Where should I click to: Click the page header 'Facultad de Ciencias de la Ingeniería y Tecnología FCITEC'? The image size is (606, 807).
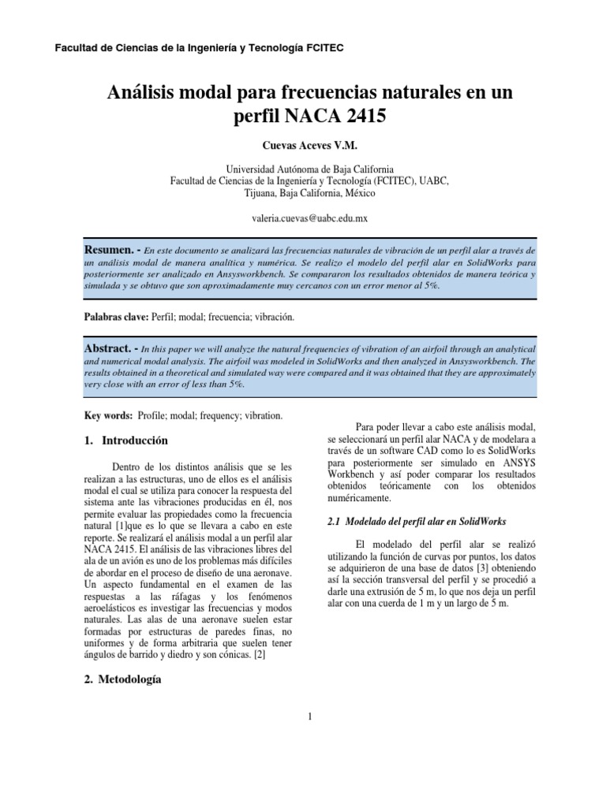click(198, 48)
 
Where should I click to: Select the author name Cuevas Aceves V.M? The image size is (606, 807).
click(304, 147)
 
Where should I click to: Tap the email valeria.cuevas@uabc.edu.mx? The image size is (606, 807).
click(304, 215)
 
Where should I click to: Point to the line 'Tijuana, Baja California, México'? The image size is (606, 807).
click(304, 192)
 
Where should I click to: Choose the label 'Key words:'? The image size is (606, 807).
click(108, 415)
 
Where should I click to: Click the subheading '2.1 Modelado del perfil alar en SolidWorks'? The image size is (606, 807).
click(416, 522)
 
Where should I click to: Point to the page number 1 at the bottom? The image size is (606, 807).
click(311, 716)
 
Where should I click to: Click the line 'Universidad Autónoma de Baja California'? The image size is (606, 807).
click(304, 169)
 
